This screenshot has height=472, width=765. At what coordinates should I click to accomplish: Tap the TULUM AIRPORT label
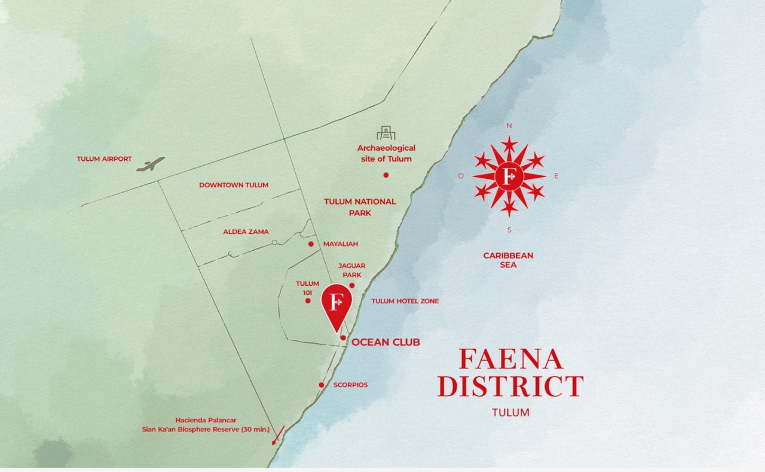coord(104,159)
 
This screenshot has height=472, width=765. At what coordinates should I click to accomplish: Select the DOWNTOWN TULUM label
coord(234,185)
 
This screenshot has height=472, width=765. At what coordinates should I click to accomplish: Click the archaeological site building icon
coord(386,133)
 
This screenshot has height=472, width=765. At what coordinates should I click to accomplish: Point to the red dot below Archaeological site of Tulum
coord(386,175)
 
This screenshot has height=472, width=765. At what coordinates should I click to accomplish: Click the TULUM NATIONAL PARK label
coord(360,207)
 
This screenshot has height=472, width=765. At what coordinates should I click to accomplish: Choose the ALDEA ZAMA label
coord(246,232)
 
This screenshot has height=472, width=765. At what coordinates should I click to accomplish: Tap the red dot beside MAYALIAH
coord(311,244)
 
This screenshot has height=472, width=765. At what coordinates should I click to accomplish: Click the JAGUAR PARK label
coord(351,270)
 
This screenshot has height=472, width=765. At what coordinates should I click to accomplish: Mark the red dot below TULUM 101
coord(308,300)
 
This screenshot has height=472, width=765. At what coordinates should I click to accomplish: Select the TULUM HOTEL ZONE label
coord(405,301)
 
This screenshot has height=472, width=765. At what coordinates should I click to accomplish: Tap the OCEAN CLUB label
coord(385,342)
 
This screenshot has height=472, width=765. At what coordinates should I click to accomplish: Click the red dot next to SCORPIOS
coord(322,385)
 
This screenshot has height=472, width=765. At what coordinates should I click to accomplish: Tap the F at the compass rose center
coord(509,176)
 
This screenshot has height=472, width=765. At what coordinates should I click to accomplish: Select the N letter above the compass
coord(509,126)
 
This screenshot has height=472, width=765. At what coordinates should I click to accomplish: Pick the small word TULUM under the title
coord(510,412)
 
